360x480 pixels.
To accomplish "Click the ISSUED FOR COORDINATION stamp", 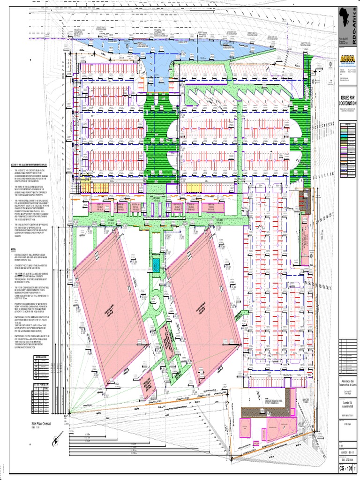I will point(348,100).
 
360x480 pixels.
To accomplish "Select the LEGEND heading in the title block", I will point(348,124).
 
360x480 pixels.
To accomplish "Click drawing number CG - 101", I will point(348,469).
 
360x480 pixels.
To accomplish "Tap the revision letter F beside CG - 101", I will point(356,469).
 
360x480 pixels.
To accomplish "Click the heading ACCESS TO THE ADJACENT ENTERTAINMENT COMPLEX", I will point(35,165).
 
